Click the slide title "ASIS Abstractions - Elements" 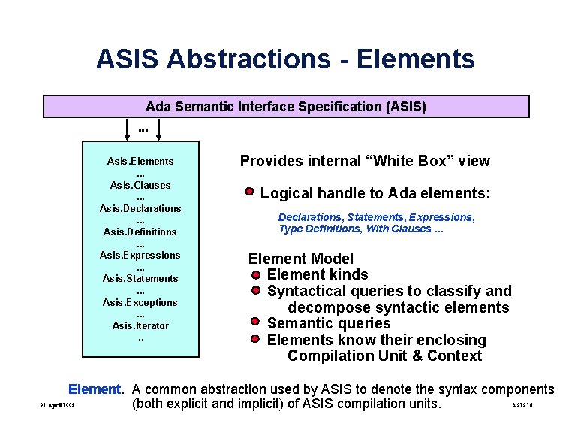click(285, 59)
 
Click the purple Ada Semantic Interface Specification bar click(285, 107)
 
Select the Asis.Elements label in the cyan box click(140, 161)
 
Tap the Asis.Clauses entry click(140, 185)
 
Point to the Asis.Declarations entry click(140, 208)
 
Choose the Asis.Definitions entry click(140, 232)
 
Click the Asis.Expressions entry click(140, 255)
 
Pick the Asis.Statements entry click(140, 278)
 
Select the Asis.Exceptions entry click(140, 302)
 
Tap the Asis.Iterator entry click(140, 325)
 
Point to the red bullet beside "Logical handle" click(250, 192)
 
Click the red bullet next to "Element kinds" click(256, 274)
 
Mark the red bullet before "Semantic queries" click(256, 323)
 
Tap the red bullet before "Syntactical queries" click(256, 290)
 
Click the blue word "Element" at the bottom click(94, 389)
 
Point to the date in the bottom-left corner click(57, 407)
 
